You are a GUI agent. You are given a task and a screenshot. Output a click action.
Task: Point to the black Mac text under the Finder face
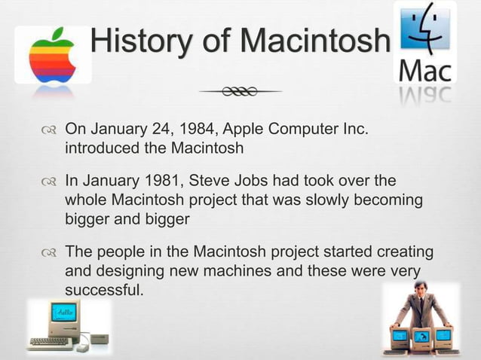point(424,73)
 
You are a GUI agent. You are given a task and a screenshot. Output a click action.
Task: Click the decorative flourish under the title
point(240,92)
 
